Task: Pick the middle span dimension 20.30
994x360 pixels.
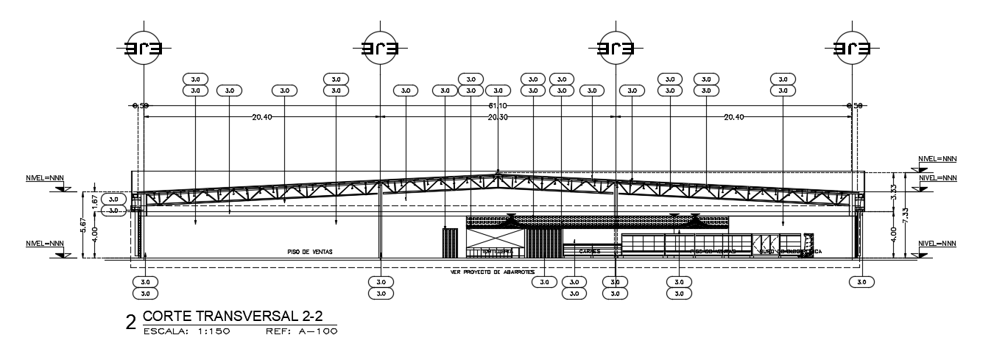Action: point(498,118)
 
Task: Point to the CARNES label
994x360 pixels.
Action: point(589,252)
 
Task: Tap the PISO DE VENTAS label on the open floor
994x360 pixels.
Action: point(310,252)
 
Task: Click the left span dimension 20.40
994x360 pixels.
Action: point(263,118)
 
